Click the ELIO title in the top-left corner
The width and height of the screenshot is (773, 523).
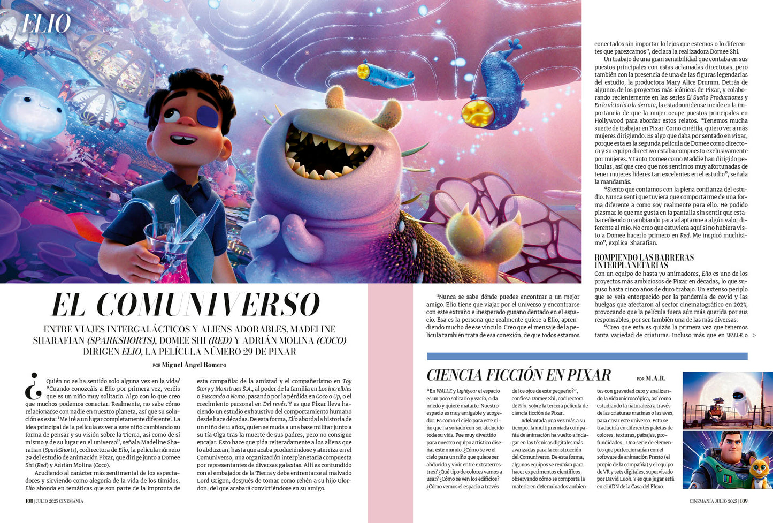click(x=47, y=24)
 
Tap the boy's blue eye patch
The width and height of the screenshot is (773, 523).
click(x=207, y=116)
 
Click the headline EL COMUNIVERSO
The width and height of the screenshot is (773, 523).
click(x=185, y=305)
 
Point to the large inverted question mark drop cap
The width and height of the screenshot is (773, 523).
click(x=33, y=386)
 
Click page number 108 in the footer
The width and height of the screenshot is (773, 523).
click(x=29, y=501)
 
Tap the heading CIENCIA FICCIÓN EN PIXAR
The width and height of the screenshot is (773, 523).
click(x=518, y=375)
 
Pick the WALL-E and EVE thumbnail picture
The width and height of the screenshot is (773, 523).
click(x=728, y=400)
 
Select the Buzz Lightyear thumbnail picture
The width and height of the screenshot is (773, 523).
click(x=728, y=460)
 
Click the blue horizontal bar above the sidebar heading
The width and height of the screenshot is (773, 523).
click(x=587, y=356)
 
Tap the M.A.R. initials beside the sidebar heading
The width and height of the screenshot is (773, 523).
click(x=656, y=378)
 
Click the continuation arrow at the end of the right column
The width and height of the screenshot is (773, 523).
click(x=754, y=336)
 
